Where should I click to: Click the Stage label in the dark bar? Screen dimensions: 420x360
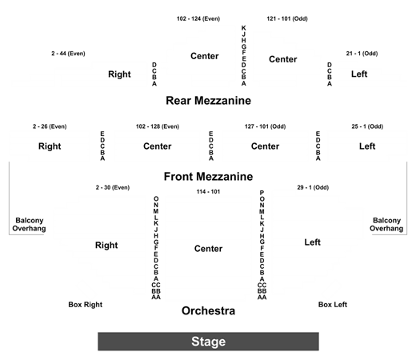[208, 342]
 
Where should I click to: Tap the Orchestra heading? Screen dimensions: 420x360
[208, 310]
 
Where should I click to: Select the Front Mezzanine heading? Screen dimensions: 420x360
[208, 177]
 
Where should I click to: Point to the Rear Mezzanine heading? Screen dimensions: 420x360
[208, 101]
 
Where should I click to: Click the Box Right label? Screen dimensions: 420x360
[86, 305]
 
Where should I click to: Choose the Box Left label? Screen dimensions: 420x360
[333, 305]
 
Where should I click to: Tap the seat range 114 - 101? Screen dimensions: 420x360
[208, 192]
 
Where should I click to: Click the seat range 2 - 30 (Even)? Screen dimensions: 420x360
[113, 187]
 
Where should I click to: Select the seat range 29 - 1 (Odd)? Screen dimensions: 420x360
[313, 187]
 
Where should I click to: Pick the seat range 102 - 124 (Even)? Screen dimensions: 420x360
[198, 18]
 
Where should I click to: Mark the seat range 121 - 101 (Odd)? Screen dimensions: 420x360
[287, 18]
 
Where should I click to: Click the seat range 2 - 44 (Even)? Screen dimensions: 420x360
[68, 54]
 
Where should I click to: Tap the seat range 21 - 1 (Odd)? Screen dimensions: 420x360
[362, 54]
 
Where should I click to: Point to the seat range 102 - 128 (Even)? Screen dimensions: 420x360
[158, 126]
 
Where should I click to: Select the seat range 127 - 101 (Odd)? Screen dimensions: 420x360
[265, 126]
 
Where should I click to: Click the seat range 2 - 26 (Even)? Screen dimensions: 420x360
[50, 126]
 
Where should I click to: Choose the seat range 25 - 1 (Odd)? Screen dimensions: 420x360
[367, 126]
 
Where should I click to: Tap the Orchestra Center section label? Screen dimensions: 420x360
[208, 249]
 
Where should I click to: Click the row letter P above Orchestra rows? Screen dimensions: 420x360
[262, 193]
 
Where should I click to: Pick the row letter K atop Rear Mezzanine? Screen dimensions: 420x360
[243, 28]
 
